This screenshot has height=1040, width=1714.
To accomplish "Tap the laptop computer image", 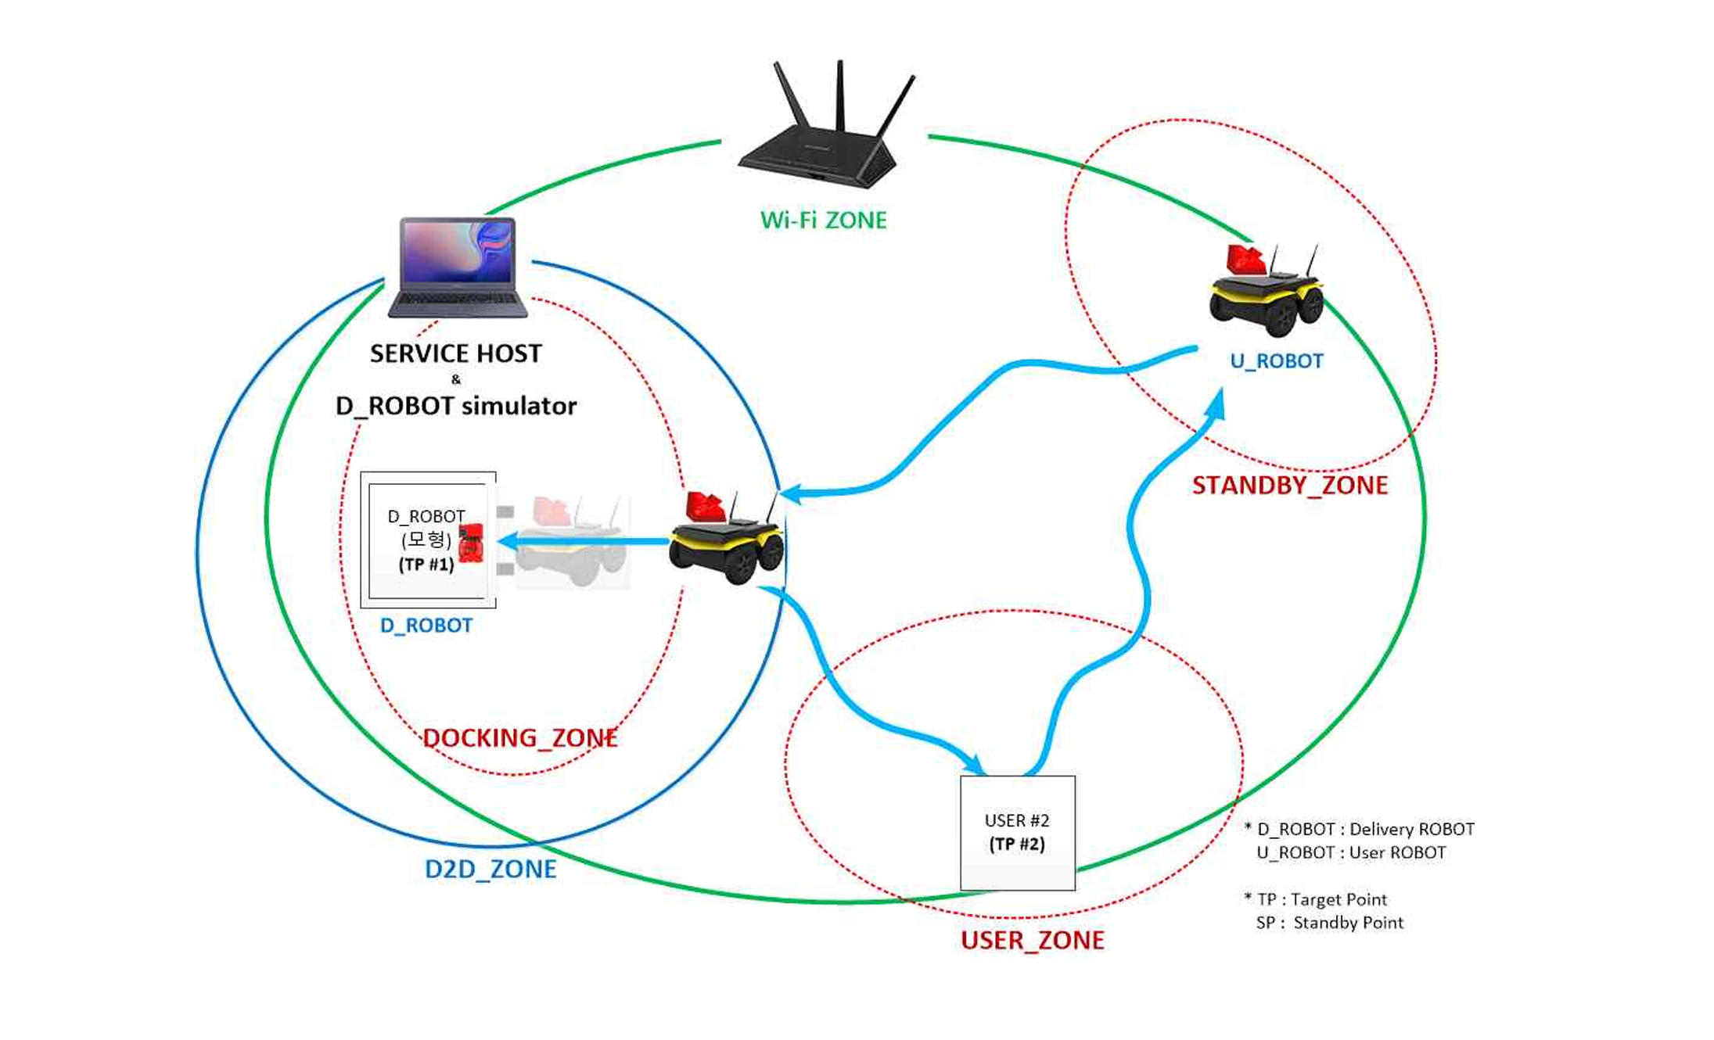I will click(458, 267).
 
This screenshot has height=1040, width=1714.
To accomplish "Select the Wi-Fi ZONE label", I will click(823, 221).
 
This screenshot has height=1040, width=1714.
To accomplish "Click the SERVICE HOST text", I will click(455, 353).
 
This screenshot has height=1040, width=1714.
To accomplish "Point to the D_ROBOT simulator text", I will click(455, 406).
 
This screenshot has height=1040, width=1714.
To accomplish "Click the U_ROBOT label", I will click(1277, 361).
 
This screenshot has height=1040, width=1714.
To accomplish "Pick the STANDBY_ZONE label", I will click(1289, 486).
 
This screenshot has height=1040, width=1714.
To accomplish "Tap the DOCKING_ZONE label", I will click(519, 738).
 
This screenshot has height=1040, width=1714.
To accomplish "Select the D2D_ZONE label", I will click(490, 869).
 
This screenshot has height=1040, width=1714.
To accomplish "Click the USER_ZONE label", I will click(1032, 940).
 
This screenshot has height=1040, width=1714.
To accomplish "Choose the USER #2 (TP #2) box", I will click(1017, 833).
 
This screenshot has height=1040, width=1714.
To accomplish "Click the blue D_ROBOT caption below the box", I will click(426, 626).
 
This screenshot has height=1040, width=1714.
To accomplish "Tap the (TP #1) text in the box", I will click(426, 565).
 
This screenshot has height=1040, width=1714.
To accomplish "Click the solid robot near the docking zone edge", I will click(728, 538).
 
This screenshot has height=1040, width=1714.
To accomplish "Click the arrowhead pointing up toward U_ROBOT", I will click(1216, 403).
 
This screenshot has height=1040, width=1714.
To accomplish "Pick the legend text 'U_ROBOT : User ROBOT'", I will click(1351, 852).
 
